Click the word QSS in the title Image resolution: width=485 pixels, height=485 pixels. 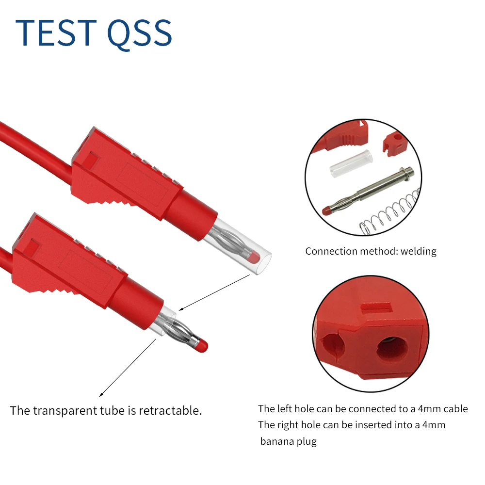pos(139,34)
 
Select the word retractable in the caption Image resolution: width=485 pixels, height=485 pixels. pos(170,410)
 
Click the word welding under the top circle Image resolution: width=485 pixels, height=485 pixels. pos(419,251)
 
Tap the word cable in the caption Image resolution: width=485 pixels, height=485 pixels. pos(454,409)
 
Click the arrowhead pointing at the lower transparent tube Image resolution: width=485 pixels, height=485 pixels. pos(179,308)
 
